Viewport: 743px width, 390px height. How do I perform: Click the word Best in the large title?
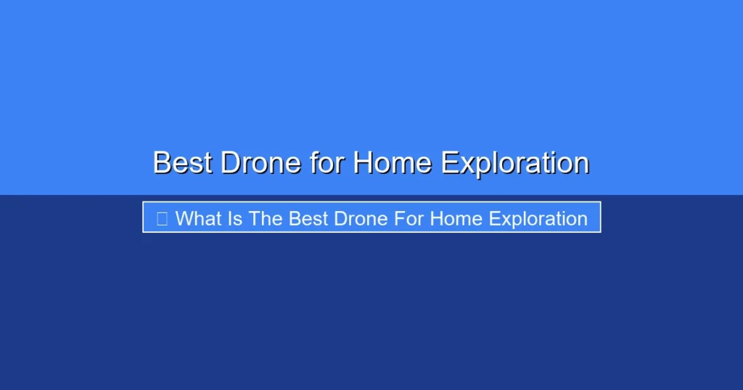click(182, 163)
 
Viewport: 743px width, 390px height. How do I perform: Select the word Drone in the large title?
click(261, 163)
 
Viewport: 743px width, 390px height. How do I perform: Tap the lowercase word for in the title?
click(327, 163)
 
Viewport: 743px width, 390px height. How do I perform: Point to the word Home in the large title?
click(393, 163)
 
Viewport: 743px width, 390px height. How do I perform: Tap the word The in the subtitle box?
click(265, 219)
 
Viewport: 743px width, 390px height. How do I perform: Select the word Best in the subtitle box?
click(308, 219)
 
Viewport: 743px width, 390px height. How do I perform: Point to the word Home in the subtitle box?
click(456, 219)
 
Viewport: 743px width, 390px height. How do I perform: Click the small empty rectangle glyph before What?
click(162, 219)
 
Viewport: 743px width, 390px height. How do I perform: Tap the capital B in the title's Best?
click(162, 163)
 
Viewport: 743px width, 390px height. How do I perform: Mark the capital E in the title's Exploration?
click(449, 163)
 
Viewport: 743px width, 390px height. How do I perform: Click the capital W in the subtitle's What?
click(184, 219)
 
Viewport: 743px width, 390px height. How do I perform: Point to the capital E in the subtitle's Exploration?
click(494, 219)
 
